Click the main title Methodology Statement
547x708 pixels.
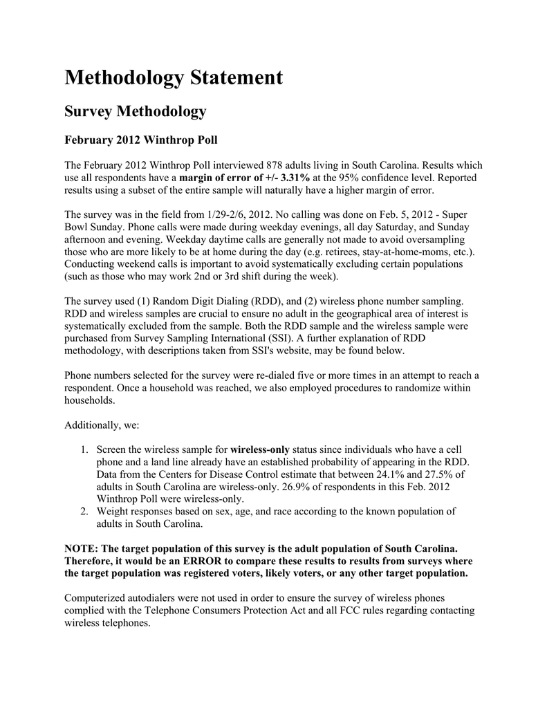[x=174, y=78]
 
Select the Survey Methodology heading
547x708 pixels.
[x=135, y=111]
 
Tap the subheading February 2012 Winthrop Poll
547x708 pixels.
[x=140, y=140]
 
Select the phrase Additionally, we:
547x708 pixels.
[x=102, y=425]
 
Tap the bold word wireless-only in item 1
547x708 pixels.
[x=259, y=450]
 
